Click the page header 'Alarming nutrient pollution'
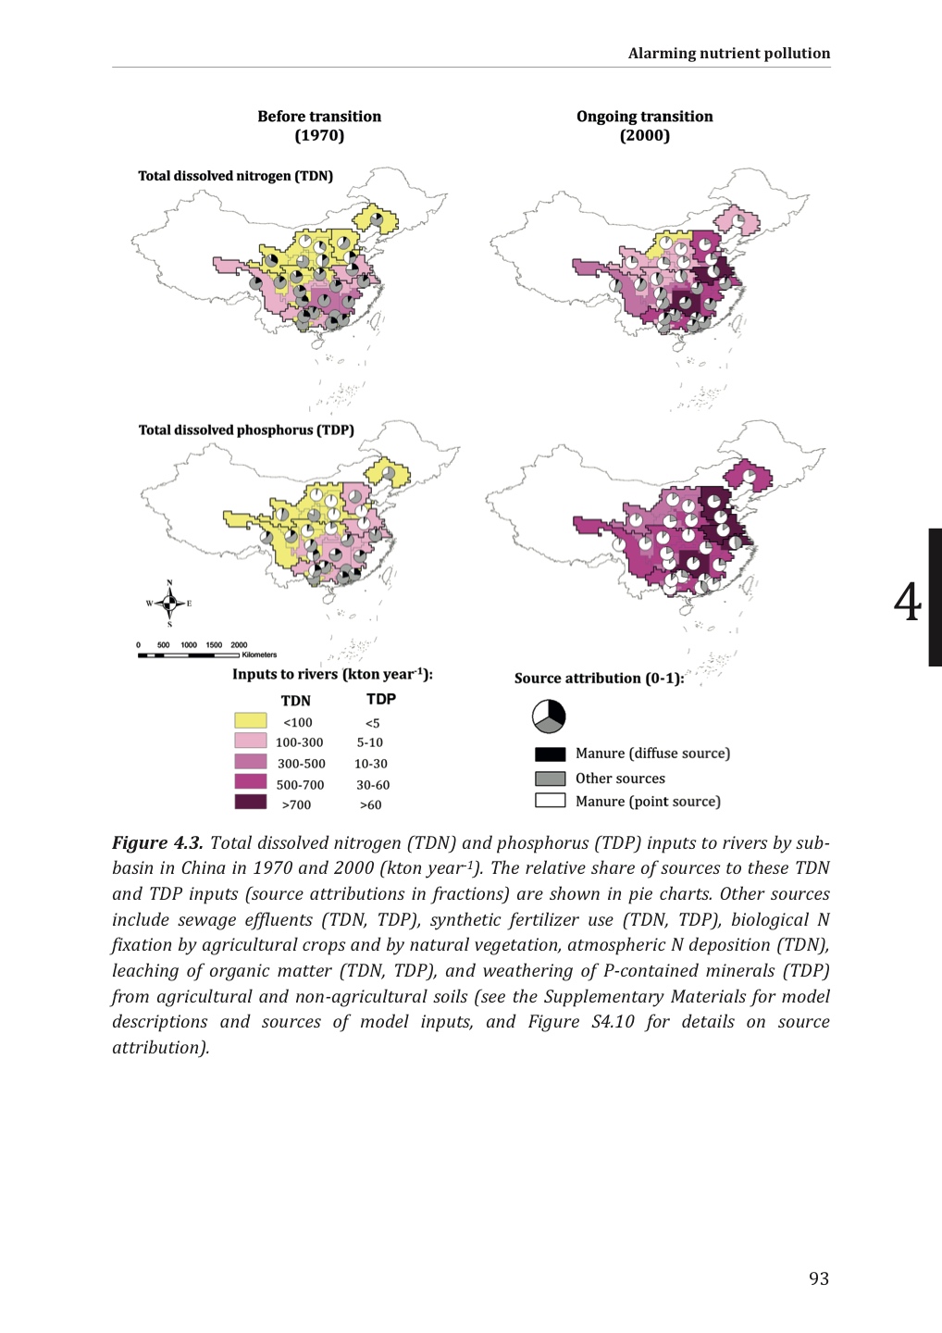point(728,53)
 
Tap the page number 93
point(819,1278)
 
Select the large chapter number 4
point(907,602)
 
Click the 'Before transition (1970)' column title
point(319,126)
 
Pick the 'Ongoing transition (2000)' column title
point(644,126)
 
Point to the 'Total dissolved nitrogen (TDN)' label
point(235,176)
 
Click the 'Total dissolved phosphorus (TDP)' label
point(246,430)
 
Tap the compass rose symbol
point(169,604)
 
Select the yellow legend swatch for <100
point(251,721)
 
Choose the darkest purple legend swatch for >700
point(251,803)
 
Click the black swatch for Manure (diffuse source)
point(550,754)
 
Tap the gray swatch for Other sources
point(550,779)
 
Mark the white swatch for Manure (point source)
point(550,801)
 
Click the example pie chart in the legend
point(549,716)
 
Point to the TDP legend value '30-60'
point(373,785)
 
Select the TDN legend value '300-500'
point(301,764)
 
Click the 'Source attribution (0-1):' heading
point(599,679)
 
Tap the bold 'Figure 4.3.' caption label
point(157,842)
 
